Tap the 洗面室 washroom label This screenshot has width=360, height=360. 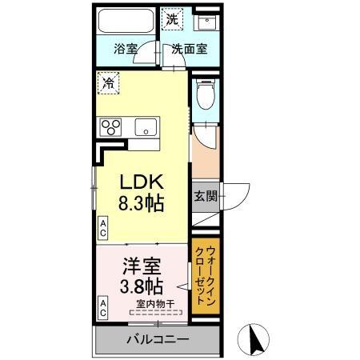coord(190,48)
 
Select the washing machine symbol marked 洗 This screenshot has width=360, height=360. coord(172,18)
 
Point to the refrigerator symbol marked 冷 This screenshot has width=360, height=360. coord(106,81)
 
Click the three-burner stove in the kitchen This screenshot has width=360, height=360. coord(109,127)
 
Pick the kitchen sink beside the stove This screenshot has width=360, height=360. coord(145,127)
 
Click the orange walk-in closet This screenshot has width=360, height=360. coord(206,280)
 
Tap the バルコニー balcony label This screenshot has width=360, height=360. coord(158,339)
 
